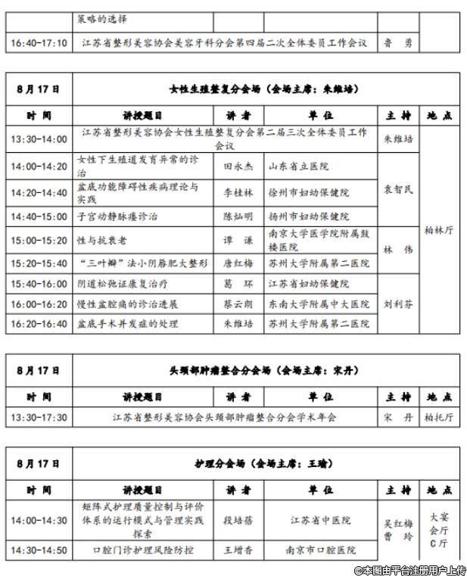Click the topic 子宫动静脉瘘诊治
[x=117, y=216]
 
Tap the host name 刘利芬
[x=398, y=304]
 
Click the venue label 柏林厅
[x=439, y=230]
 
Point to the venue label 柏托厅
[x=439, y=417]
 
